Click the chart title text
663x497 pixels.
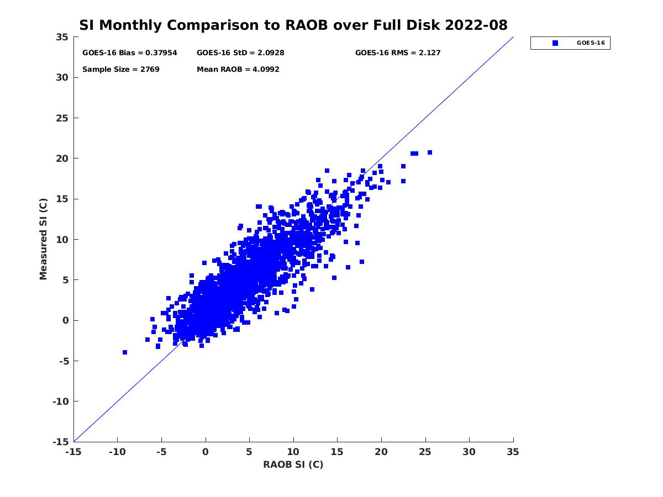(293, 25)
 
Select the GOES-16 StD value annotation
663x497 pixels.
(240, 53)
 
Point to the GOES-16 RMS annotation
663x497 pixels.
(398, 53)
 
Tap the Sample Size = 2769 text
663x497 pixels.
(121, 70)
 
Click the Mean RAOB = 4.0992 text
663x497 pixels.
(238, 70)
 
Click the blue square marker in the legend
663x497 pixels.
(555, 43)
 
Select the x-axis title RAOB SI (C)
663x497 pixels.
(293, 464)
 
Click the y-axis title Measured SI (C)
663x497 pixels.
(44, 239)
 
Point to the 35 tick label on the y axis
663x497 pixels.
(62, 37)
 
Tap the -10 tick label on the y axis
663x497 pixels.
(60, 401)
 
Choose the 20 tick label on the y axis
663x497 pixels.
(62, 158)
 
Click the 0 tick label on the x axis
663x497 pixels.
(206, 452)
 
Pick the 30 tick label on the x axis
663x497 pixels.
(469, 452)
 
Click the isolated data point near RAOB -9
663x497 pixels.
(125, 352)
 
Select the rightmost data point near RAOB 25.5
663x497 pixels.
(430, 152)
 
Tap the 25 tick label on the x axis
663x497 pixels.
(425, 452)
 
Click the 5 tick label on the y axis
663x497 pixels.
(65, 280)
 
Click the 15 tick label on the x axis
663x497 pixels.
(338, 452)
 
